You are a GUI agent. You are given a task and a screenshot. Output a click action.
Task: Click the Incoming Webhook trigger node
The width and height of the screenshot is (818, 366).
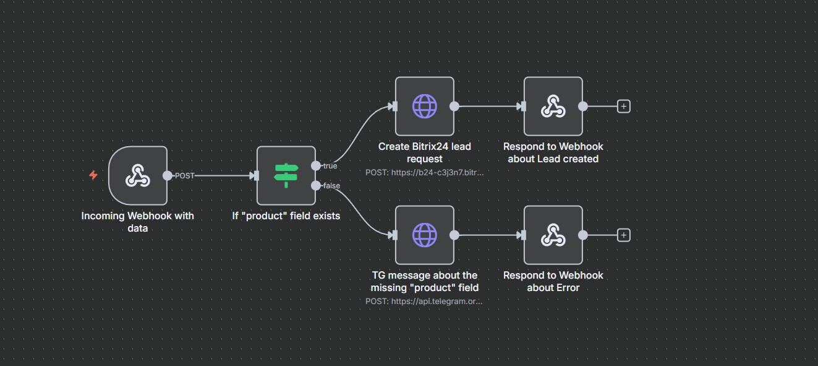[137, 175]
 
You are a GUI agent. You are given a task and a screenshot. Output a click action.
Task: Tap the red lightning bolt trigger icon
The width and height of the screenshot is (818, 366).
[93, 175]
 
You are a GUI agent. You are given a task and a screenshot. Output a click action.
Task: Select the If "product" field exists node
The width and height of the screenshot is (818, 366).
[286, 175]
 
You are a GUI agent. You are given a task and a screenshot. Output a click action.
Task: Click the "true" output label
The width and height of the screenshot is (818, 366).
[330, 166]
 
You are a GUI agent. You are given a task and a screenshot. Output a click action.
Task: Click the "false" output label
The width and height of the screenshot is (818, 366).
[331, 185]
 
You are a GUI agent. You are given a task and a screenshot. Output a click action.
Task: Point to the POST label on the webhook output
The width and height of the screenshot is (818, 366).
[184, 175]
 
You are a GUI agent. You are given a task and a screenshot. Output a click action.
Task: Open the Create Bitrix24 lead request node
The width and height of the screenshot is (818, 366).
[424, 106]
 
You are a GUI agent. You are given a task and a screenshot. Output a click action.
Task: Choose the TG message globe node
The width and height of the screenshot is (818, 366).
[424, 235]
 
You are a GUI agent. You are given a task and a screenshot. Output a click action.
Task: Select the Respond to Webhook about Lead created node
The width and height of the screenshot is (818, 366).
[553, 106]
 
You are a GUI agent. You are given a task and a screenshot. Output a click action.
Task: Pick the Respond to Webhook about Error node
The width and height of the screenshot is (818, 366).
[553, 235]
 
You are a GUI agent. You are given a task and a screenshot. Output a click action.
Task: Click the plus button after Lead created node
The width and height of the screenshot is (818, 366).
[624, 107]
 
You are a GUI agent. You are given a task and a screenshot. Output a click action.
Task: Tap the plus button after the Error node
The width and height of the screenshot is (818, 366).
[624, 235]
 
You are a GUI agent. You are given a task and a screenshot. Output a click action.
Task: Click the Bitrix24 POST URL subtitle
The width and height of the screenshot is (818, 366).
[424, 172]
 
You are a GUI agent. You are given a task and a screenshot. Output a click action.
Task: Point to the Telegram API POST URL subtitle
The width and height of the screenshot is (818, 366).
[424, 301]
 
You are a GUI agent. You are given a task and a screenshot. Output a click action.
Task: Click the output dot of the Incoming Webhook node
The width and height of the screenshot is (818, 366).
[167, 175]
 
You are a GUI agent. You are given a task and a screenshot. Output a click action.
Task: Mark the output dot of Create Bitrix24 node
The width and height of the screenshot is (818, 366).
[454, 106]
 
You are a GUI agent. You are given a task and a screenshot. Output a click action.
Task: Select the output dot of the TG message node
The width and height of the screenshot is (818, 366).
[454, 235]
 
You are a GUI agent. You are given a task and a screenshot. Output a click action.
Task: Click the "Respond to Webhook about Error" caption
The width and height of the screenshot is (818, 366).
[553, 281]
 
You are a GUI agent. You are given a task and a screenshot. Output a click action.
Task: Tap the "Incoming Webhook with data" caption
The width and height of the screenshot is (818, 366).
[137, 222]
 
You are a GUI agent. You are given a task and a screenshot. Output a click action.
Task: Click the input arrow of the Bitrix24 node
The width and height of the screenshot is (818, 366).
[393, 106]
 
